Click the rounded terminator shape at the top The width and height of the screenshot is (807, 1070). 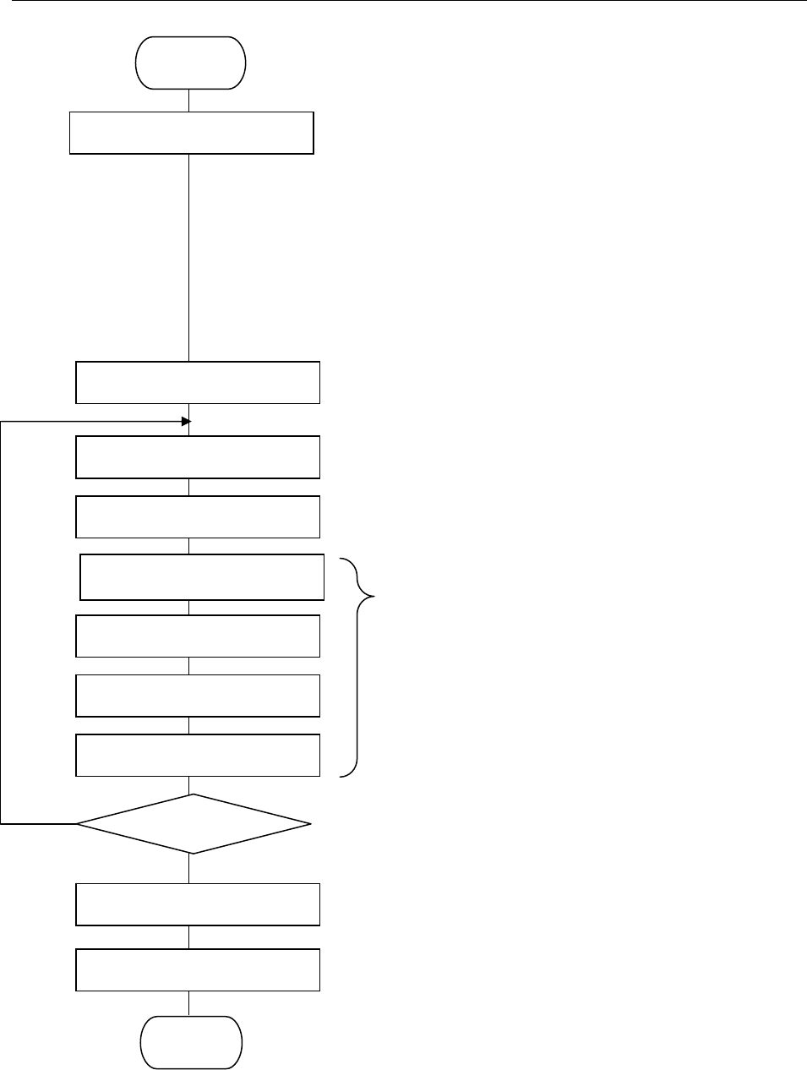(191, 63)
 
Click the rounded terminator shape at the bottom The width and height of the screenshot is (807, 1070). (191, 1042)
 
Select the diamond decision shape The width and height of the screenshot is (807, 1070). (194, 823)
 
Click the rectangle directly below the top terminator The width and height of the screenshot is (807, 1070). (191, 133)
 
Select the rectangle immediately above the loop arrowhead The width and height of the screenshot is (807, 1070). (198, 383)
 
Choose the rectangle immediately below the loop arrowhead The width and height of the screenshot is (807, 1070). (198, 457)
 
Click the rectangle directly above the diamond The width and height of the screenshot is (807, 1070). (198, 755)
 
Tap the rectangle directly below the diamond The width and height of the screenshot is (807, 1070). (198, 904)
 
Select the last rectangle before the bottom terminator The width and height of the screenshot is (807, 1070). (198, 969)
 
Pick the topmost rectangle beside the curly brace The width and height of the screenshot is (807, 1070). (202, 577)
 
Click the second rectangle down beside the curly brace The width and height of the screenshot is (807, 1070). (198, 636)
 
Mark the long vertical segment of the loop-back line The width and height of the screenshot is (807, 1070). (1, 621)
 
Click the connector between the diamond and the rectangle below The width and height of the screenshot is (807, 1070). (189, 868)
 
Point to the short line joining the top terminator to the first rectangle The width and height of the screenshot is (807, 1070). (188, 100)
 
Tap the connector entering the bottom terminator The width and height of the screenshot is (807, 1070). (188, 1003)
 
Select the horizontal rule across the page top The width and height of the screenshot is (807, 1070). (403, 1)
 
